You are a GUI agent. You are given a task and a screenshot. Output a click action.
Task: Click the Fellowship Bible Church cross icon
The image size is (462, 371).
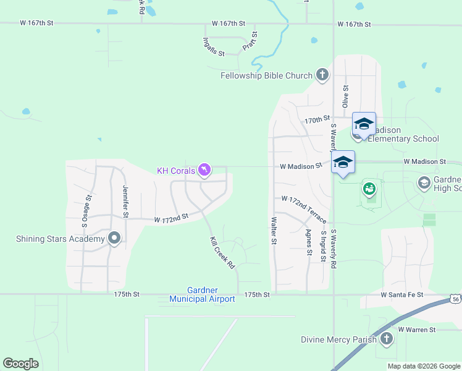tap(322, 75)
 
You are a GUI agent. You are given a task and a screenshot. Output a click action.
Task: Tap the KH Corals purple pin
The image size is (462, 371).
tap(204, 170)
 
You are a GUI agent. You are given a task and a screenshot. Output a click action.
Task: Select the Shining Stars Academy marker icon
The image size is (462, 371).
tap(114, 239)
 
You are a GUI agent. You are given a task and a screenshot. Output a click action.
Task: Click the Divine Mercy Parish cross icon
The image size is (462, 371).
tap(386, 339)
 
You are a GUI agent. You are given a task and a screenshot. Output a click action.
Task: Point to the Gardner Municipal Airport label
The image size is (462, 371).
tap(202, 294)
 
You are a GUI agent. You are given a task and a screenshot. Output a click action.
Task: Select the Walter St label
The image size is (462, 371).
tap(273, 230)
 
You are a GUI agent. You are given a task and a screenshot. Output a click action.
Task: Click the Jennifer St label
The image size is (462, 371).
tap(125, 202)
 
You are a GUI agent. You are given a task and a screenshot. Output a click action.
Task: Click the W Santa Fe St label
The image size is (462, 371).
tap(401, 295)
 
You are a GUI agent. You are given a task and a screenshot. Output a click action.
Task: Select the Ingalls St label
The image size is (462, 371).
tap(213, 46)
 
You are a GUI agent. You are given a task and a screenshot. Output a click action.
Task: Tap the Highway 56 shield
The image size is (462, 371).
tap(456, 299)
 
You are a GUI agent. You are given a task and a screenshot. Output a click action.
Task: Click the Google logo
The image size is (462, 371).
tap(20, 364)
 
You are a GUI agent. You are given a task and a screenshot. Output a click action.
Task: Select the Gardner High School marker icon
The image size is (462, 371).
tap(424, 182)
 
